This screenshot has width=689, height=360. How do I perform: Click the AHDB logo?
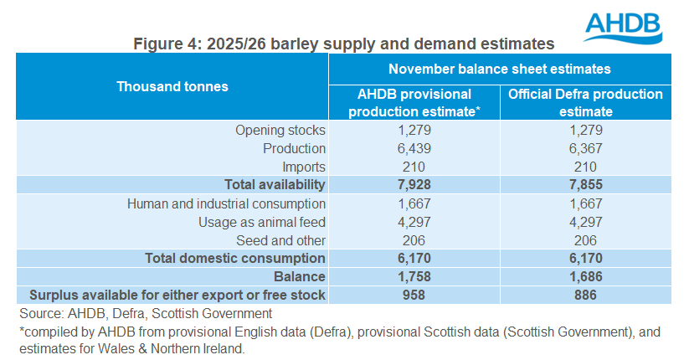coord(625,27)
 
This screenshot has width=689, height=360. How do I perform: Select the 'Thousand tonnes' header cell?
coord(172,86)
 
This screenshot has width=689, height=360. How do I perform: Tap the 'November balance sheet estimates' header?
coord(499,69)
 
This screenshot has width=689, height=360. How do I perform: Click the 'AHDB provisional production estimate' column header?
coord(414,102)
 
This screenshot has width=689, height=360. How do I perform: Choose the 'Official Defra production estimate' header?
coord(585,102)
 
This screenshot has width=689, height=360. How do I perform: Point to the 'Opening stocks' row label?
coord(280,131)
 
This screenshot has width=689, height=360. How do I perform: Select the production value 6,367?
coord(585,148)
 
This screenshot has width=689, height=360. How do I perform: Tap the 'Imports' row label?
coord(303,166)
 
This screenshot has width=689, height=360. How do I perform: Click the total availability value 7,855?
coord(585,183)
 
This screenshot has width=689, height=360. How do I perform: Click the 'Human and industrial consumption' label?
coord(226,203)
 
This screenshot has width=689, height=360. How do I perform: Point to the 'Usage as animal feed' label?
coord(262,221)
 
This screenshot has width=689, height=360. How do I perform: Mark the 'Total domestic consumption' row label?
coord(235,258)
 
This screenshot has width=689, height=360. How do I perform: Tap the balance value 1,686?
coord(585,276)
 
